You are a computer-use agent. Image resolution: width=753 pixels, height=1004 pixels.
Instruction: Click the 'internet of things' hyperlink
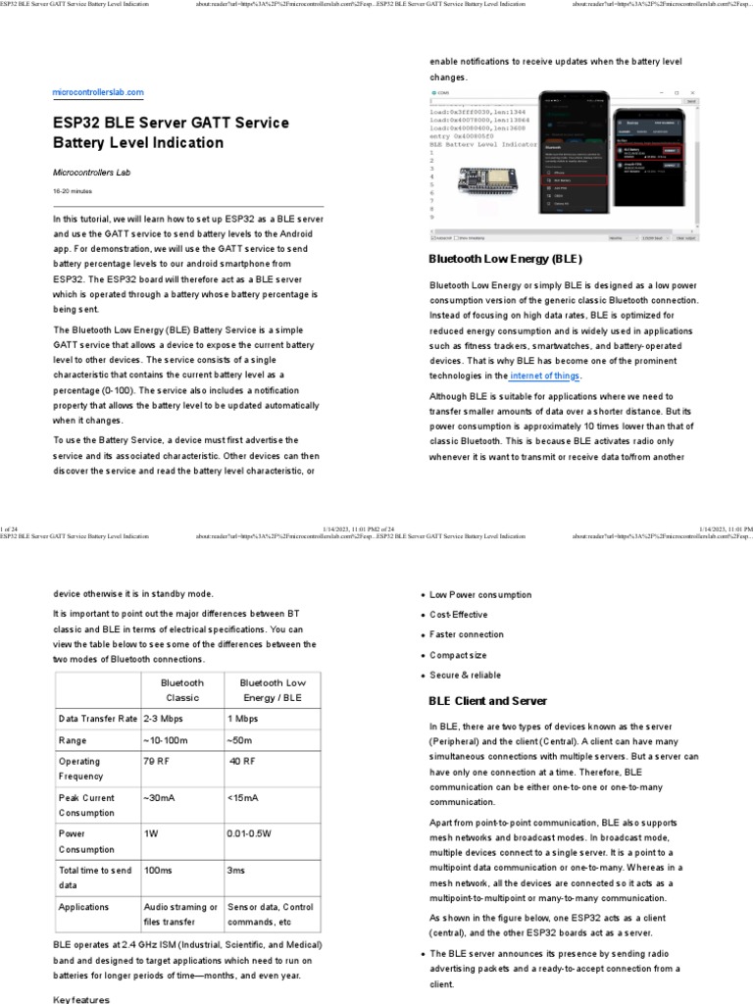546,376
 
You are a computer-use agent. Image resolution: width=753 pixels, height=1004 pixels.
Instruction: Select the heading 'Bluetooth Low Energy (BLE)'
506,260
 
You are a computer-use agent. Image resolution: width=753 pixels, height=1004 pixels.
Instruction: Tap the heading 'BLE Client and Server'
488,701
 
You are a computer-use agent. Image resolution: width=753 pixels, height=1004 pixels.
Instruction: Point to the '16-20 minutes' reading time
73,191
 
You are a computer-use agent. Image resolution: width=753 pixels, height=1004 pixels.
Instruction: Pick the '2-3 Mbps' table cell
164,718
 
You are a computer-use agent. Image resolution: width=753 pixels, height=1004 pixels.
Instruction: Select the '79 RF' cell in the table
157,761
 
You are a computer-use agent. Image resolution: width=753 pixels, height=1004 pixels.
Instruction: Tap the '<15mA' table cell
244,798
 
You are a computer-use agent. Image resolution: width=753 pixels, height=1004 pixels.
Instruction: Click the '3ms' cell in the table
235,870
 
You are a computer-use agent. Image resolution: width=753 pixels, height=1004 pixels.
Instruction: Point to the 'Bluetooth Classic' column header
181,690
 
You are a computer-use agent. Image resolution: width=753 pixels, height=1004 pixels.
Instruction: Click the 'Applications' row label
83,907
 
